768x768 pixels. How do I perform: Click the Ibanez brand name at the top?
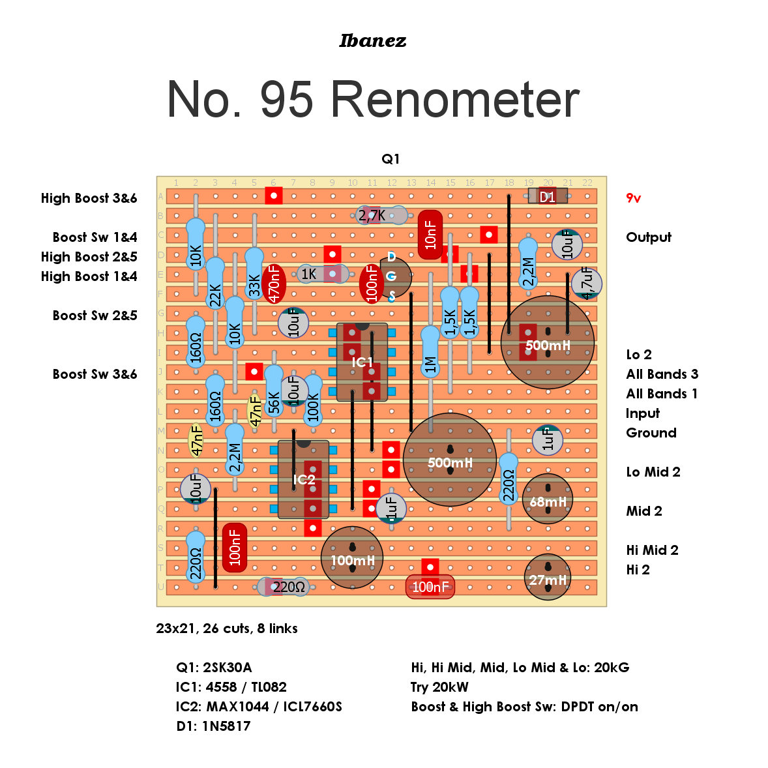pyautogui.click(x=373, y=40)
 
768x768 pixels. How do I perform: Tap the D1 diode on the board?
pyautogui.click(x=548, y=196)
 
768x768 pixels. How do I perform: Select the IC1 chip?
pyautogui.click(x=362, y=362)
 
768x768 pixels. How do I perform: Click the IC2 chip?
pyautogui.click(x=303, y=479)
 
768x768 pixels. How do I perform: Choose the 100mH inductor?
pyautogui.click(x=352, y=558)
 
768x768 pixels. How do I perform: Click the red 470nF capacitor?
pyautogui.click(x=274, y=284)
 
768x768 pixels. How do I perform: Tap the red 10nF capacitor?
pyautogui.click(x=430, y=235)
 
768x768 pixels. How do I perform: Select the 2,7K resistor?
pyautogui.click(x=381, y=215)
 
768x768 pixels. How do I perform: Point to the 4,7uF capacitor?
pyautogui.click(x=587, y=284)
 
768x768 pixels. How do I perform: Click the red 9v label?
pyautogui.click(x=633, y=198)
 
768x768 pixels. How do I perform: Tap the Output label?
pyautogui.click(x=649, y=237)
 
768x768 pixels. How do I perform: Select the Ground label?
pyautogui.click(x=651, y=433)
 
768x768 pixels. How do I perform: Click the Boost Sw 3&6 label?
pyautogui.click(x=95, y=374)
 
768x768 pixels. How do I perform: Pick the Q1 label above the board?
pyautogui.click(x=391, y=158)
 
